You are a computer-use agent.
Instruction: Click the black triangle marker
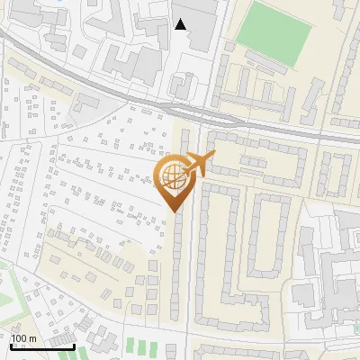[181, 24]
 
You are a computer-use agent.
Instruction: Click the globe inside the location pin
[173, 176]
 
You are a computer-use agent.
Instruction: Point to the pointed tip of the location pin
[173, 211]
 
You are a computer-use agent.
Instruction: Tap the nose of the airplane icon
[214, 156]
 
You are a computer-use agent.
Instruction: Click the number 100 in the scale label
[20, 338]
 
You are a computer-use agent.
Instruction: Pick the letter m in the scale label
[34, 338]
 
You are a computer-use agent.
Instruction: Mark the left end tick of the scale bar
[11, 346]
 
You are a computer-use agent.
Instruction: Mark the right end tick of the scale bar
[75, 346]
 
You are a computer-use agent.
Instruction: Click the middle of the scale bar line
[42, 346]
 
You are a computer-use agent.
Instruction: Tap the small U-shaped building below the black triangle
[181, 85]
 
